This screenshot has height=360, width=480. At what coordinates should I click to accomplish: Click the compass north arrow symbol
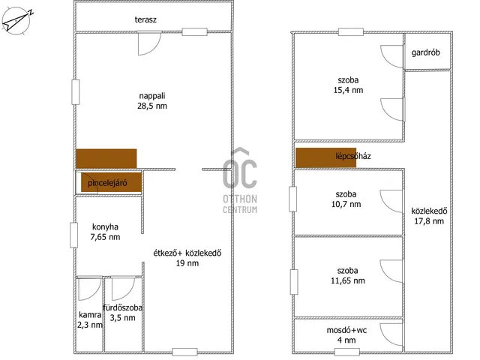coord(16,21)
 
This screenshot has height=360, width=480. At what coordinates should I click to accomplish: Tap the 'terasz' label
coord(145,19)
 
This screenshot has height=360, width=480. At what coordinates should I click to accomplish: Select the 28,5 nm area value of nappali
coord(152,106)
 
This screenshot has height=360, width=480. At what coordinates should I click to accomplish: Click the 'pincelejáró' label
coord(107,183)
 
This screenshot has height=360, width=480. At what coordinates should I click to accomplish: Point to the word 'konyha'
coord(105,226)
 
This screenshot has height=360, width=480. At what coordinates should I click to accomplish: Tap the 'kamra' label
coord(90,315)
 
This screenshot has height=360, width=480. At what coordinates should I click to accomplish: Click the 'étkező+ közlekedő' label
coord(187,253)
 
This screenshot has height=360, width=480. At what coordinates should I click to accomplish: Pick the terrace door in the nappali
coord(149,43)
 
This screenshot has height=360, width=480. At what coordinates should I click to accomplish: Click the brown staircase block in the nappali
coord(106,158)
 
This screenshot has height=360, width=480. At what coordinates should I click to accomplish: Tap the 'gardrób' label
coord(425,52)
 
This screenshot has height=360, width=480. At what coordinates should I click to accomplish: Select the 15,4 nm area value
coord(348,90)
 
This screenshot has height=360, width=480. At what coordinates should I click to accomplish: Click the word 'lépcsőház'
coord(353,156)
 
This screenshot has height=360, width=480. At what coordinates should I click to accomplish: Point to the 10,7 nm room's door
coord(391,201)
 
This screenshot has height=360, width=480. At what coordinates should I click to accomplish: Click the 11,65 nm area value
coord(348,280)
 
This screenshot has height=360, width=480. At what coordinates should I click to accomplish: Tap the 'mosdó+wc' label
coord(346,330)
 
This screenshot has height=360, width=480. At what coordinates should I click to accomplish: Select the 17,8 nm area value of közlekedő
coord(429,221)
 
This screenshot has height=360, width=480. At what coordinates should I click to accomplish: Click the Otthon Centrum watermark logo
coord(240,181)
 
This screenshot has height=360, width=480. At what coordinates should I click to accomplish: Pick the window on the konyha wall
coord(73,235)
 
